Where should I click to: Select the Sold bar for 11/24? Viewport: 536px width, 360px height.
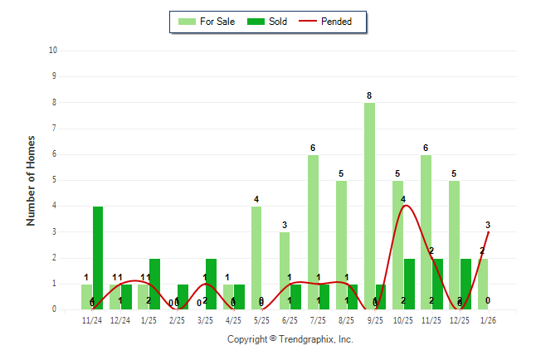tap(98, 257)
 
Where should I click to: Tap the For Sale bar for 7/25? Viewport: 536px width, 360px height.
tap(313, 231)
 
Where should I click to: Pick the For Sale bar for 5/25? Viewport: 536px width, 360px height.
tap(256, 257)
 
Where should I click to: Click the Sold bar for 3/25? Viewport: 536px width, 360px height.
tap(211, 283)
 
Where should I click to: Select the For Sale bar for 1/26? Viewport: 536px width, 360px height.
tap(483, 283)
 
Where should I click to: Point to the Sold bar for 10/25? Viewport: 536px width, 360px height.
tap(409, 283)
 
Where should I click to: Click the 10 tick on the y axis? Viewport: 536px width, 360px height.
tap(53, 50)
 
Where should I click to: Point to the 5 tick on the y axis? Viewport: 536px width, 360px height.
tap(54, 180)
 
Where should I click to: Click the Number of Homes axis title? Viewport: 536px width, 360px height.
tap(32, 180)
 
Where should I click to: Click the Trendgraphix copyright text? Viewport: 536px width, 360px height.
tap(290, 339)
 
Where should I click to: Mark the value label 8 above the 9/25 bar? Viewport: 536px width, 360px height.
tap(369, 95)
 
